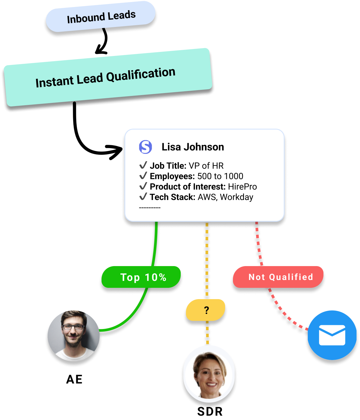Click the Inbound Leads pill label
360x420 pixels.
click(101, 17)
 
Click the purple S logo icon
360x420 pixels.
click(145, 147)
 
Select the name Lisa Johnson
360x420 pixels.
click(193, 147)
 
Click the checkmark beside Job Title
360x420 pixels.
click(143, 165)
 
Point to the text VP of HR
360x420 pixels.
click(206, 166)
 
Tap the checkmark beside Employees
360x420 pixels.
click(143, 176)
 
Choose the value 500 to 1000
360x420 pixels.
click(220, 176)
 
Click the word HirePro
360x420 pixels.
click(243, 187)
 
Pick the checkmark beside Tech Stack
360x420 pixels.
click(143, 197)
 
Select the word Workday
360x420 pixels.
click(237, 197)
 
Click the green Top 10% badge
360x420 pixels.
click(142, 277)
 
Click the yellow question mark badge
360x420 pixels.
click(206, 310)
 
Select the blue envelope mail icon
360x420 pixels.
click(332, 335)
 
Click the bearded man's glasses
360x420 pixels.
click(73, 327)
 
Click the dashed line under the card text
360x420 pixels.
click(150, 208)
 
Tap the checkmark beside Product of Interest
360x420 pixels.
click(143, 186)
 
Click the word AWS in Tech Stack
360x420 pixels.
click(207, 197)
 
